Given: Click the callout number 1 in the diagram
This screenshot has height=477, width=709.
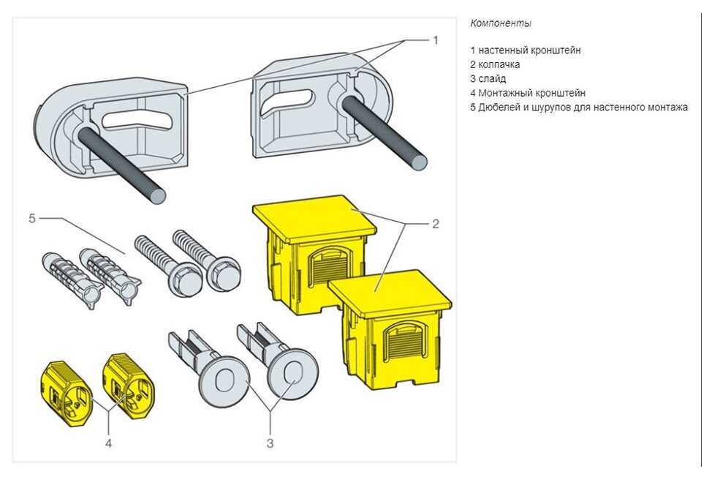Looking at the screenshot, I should pos(436,40).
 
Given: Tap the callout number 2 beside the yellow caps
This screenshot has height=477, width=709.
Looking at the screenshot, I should pos(436,224).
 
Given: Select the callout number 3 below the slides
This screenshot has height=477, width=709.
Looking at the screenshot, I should pos(269,443).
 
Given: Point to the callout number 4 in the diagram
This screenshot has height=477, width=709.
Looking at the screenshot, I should pos(109,442).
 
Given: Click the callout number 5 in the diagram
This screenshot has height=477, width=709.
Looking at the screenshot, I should pos(32,217).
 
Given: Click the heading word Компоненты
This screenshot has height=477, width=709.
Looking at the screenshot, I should pos(501,23).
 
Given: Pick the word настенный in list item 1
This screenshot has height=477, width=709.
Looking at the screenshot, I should pos(504,50).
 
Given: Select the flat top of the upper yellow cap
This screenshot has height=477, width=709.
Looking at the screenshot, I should pos(315,215).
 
